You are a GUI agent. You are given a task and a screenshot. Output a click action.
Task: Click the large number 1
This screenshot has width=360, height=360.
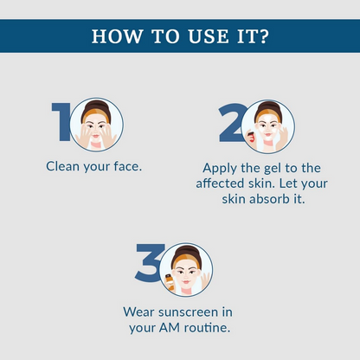[61, 122]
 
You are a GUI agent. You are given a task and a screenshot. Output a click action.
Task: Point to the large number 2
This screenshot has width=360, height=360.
[231, 123]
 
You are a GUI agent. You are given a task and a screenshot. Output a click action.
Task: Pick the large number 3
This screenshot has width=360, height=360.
[149, 262]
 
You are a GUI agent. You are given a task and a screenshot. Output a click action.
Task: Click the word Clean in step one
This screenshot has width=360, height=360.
[62, 166]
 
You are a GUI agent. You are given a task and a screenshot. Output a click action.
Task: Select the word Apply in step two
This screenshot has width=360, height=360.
[220, 169]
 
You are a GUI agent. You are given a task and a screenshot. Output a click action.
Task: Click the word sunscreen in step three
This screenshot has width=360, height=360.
[189, 312]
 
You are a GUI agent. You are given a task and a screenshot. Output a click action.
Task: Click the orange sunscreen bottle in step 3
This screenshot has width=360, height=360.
[170, 282]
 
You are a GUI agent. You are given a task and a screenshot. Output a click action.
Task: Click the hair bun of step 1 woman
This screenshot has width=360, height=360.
[96, 105]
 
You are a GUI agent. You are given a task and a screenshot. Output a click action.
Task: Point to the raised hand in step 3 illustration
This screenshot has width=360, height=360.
[205, 280]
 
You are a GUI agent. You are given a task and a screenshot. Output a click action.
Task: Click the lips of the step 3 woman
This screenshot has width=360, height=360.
[186, 282]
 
